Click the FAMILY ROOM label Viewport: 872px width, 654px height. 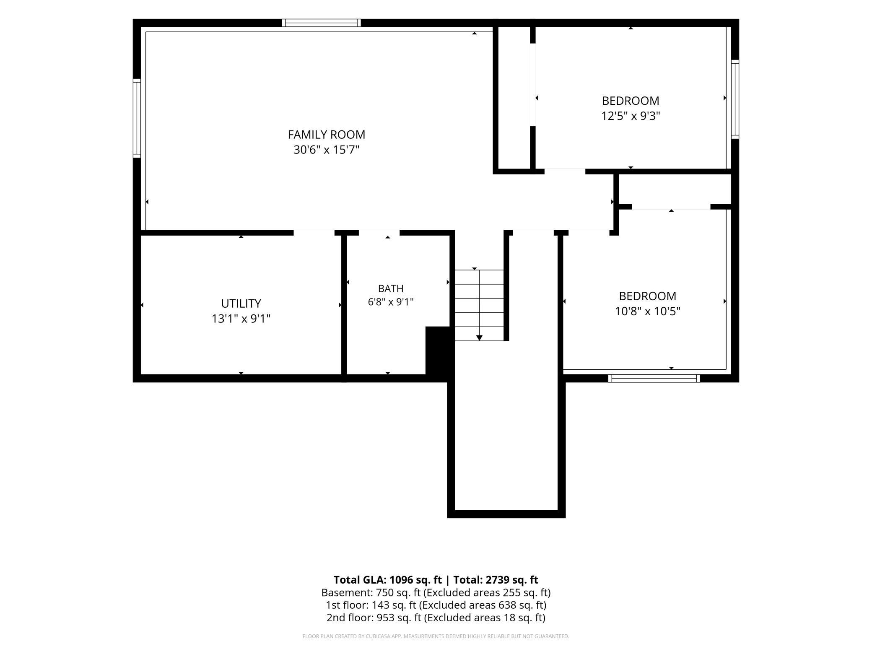coord(326,135)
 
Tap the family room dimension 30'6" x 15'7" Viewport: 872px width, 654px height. coord(327,150)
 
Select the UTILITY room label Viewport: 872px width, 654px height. coord(241,304)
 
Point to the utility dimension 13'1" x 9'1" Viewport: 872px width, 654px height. coord(241,319)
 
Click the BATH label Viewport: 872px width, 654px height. coord(391,288)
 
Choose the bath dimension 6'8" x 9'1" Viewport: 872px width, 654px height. coord(391,302)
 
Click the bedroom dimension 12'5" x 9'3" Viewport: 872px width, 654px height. coord(631,116)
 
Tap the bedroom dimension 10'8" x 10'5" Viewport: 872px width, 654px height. coord(648,311)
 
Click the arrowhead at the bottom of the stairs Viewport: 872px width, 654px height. coord(480,338)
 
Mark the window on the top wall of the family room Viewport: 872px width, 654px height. coord(321,23)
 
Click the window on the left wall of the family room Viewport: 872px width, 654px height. coord(137,118)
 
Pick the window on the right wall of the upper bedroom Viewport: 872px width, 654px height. coord(735,99)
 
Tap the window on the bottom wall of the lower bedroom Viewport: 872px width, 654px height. coord(654,378)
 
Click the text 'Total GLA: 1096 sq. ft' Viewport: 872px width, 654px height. coord(387,580)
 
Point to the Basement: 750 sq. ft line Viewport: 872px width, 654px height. coord(436,593)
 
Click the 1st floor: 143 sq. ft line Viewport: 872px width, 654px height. coord(436,605)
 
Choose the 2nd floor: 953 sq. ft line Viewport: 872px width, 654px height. coord(436,618)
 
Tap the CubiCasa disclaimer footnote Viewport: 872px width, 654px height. coord(436,636)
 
